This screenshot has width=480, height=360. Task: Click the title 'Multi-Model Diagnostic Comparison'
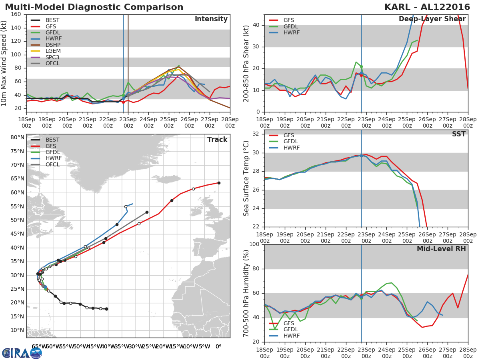94,7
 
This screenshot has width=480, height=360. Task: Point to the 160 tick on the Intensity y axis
16,14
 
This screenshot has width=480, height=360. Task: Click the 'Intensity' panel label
211,19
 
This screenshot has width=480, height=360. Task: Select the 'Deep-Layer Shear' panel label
432,19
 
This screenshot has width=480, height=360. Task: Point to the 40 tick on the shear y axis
256,25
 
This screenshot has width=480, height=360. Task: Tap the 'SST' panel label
458,134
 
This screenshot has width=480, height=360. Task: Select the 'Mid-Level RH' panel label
441,249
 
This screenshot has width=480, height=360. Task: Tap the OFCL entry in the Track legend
52,164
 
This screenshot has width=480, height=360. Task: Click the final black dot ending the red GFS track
219,183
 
